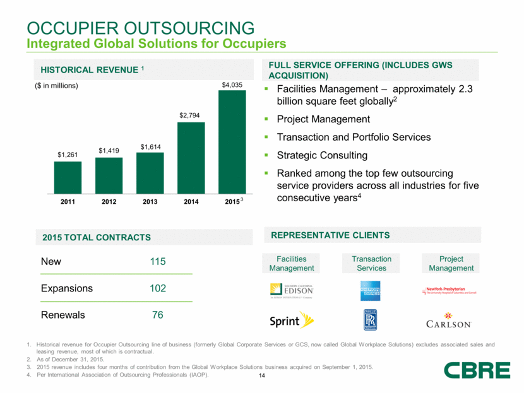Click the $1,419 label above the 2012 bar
(109, 150)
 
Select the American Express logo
(371, 290)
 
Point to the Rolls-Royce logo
(371, 320)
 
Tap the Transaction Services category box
(371, 264)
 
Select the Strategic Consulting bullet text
(316, 155)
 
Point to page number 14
(262, 377)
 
